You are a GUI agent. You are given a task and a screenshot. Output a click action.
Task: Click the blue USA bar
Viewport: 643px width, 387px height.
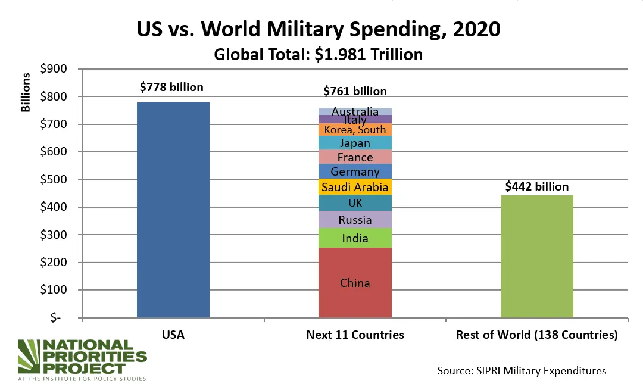click(x=173, y=210)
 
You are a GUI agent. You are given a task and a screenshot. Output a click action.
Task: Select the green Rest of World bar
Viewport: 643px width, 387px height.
click(x=536, y=256)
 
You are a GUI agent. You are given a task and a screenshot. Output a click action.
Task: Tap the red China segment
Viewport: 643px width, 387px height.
click(x=355, y=283)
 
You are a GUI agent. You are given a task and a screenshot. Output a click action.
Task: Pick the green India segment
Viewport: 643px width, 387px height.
click(x=355, y=238)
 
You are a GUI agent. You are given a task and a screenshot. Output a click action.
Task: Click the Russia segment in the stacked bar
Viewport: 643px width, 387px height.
click(x=355, y=220)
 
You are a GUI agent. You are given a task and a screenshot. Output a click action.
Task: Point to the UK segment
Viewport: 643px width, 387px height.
click(x=355, y=203)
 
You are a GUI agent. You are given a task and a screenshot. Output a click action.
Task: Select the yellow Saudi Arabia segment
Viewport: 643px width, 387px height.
click(x=355, y=187)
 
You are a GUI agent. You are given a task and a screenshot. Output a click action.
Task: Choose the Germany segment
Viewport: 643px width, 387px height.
click(x=355, y=171)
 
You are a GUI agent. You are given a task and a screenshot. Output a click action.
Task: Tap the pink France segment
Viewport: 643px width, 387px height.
click(x=355, y=157)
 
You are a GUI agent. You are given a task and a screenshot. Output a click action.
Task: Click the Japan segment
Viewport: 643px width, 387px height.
click(x=355, y=143)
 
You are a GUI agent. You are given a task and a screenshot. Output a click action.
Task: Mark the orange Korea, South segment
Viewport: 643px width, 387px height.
click(x=355, y=129)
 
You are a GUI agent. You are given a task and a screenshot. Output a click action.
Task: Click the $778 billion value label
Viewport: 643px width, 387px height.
click(x=171, y=87)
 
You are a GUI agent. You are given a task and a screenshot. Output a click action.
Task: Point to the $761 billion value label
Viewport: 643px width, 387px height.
click(x=355, y=91)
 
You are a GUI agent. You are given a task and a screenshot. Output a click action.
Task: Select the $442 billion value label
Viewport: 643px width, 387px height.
click(x=536, y=186)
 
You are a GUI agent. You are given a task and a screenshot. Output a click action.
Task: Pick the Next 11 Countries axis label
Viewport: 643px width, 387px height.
click(x=355, y=335)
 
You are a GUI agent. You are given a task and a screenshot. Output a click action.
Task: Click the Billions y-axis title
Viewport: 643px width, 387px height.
click(x=26, y=92)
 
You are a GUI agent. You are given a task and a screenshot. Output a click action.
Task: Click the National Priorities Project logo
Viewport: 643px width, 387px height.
click(x=82, y=360)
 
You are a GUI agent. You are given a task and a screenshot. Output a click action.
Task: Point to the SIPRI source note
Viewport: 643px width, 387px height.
click(x=522, y=370)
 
